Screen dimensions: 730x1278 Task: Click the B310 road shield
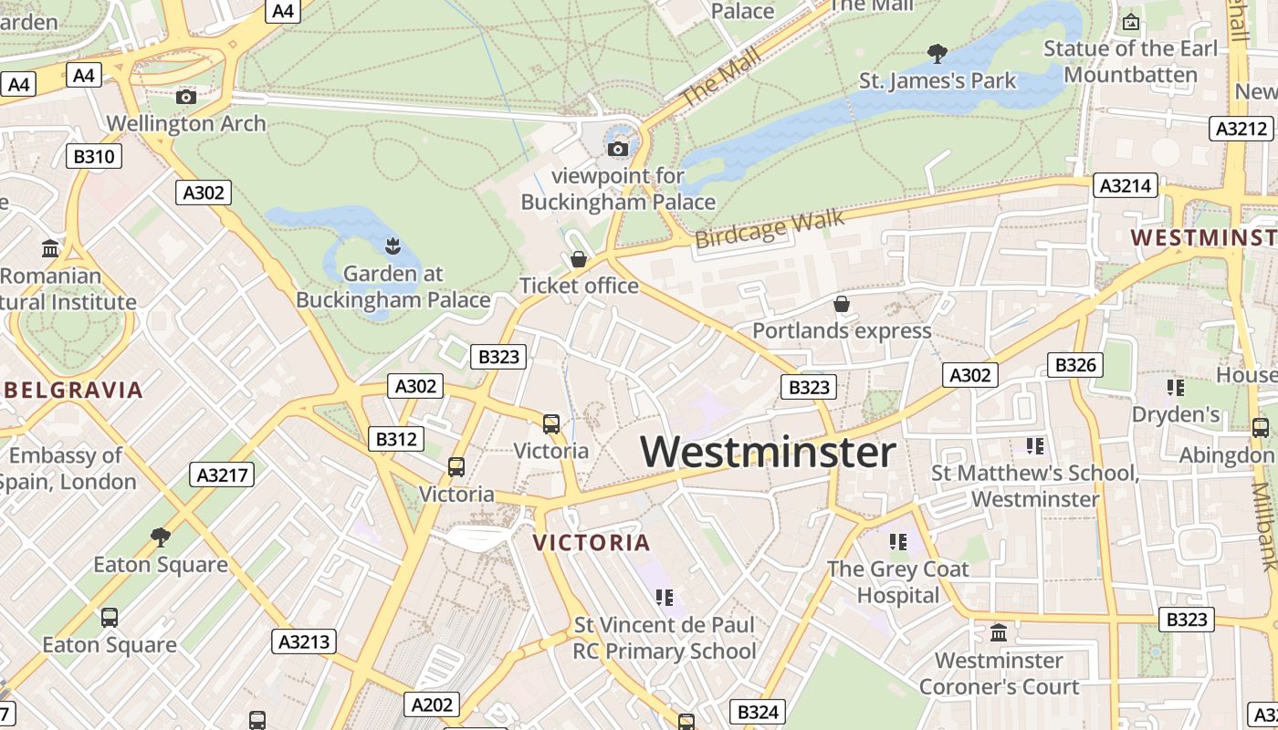click(94, 156)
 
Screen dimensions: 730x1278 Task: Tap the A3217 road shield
click(222, 474)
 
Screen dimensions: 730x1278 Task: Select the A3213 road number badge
click(304, 641)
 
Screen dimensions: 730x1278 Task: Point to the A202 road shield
click(432, 704)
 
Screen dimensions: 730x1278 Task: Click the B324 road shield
click(757, 712)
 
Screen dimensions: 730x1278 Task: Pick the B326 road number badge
click(1075, 365)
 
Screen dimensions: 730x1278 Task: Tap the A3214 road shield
click(1126, 186)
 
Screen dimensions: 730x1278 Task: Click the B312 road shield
click(396, 439)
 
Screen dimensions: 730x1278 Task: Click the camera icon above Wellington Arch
click(186, 97)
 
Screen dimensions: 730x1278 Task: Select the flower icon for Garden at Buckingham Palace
click(393, 245)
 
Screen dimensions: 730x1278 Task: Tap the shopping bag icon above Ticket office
click(578, 260)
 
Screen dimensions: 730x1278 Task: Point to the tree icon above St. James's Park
click(937, 54)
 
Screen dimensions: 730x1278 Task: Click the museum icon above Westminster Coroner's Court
click(999, 632)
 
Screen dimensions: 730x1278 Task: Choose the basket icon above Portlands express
click(842, 304)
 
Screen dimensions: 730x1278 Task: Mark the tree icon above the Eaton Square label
click(161, 537)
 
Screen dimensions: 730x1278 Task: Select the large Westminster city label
click(768, 452)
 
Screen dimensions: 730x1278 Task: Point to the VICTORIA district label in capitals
click(592, 543)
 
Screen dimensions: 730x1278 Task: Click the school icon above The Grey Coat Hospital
click(898, 542)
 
